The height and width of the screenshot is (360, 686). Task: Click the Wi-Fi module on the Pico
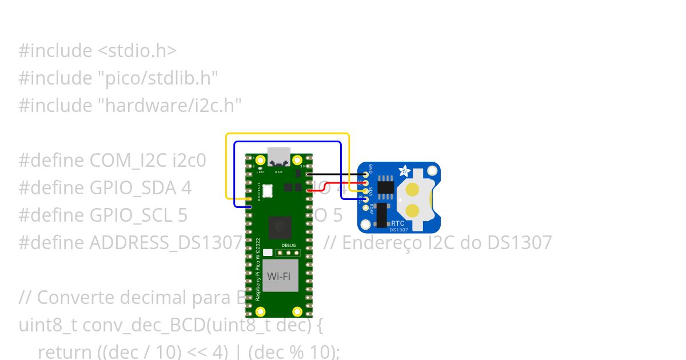click(x=279, y=277)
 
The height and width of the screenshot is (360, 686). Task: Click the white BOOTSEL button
click(x=268, y=191)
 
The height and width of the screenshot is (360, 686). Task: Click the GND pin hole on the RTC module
click(x=366, y=174)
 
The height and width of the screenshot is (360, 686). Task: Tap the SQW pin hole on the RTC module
click(x=366, y=207)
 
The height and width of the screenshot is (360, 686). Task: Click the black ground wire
click(x=337, y=174)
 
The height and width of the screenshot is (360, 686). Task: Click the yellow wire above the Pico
click(x=286, y=134)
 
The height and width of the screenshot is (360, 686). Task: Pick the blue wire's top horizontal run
click(x=286, y=142)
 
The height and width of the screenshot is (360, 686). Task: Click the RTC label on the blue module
click(x=398, y=223)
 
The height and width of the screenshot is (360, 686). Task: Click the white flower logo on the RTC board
click(x=404, y=170)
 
